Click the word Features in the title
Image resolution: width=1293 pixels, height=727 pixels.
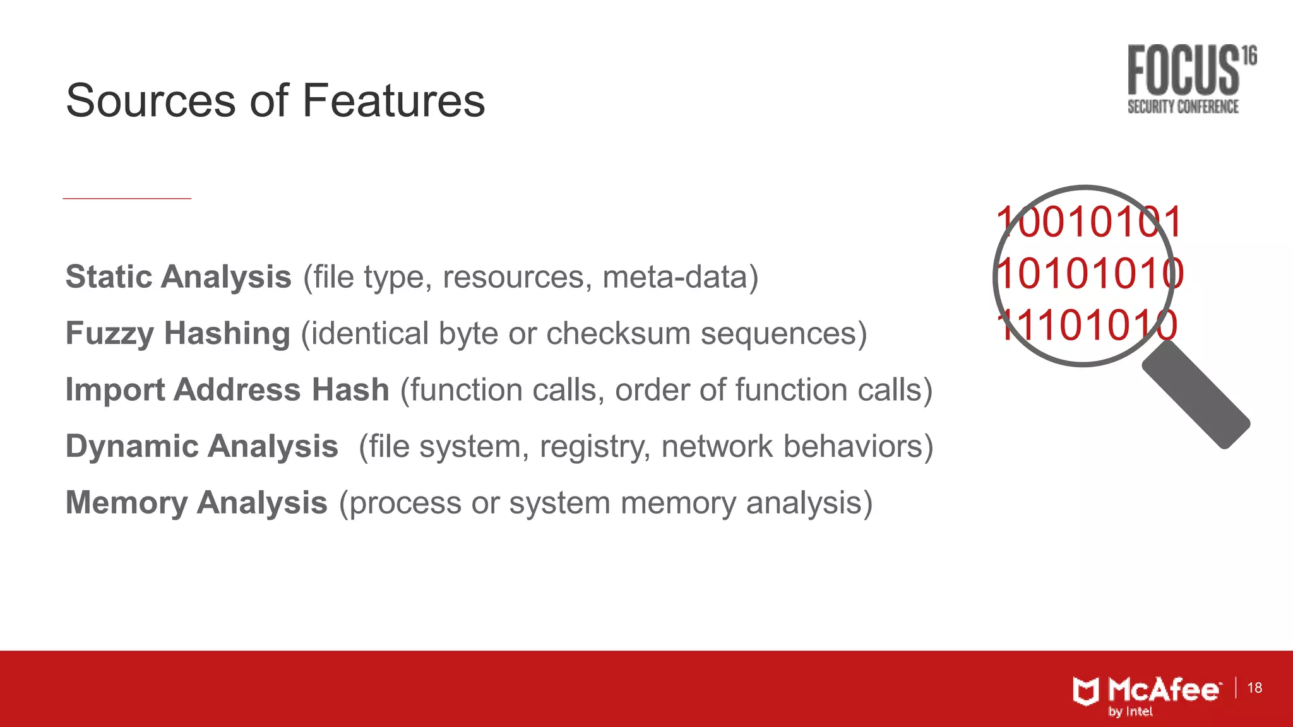point(393,101)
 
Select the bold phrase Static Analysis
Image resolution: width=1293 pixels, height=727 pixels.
point(178,277)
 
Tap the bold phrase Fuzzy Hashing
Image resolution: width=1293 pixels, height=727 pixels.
point(177,333)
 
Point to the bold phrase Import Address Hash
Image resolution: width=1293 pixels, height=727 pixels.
point(227,389)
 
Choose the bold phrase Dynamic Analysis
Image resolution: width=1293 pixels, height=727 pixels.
point(202,446)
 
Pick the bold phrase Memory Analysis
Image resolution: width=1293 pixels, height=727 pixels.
point(196,503)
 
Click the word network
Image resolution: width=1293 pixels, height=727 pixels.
point(717,446)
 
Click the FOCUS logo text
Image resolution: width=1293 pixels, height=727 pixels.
point(1183,71)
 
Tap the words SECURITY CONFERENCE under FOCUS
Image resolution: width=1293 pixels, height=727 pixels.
point(1183,107)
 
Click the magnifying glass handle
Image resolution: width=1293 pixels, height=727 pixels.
point(1196,395)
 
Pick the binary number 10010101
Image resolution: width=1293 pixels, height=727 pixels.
point(1088,222)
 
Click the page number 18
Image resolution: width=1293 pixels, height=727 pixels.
point(1254,688)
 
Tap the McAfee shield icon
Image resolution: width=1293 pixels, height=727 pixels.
point(1086,691)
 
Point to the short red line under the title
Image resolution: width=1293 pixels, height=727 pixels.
point(127,198)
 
